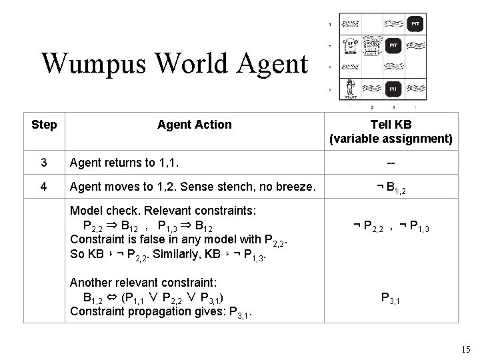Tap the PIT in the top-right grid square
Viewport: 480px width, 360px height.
(x=415, y=25)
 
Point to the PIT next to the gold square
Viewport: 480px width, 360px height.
(x=394, y=46)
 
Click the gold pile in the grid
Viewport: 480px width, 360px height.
(x=372, y=47)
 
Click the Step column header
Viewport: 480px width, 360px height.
(x=44, y=125)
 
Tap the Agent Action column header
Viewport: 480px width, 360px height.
(x=194, y=125)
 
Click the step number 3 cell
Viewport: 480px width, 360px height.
(x=44, y=162)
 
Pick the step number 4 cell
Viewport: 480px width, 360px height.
(x=44, y=187)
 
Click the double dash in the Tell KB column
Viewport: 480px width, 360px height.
(x=391, y=162)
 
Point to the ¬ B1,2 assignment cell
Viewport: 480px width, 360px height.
(x=391, y=188)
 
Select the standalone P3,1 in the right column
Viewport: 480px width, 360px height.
(x=391, y=299)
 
